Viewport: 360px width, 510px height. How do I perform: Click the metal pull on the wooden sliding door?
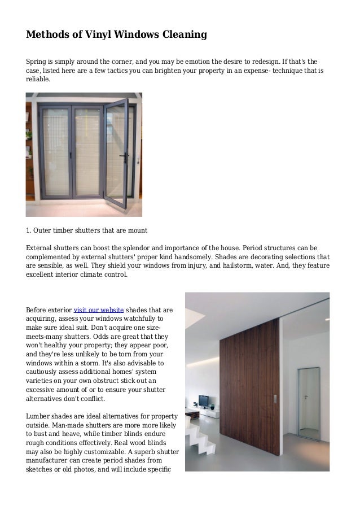275,399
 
